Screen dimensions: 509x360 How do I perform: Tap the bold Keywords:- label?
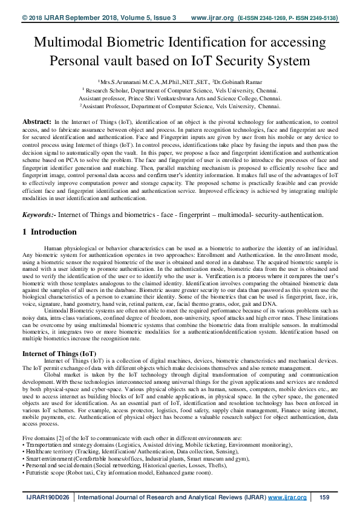40,214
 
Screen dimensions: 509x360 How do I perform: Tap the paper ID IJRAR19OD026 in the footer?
43,497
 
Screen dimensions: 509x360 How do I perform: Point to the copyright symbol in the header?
25,18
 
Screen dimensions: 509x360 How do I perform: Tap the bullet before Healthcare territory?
24,451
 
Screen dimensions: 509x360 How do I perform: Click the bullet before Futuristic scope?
24,473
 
